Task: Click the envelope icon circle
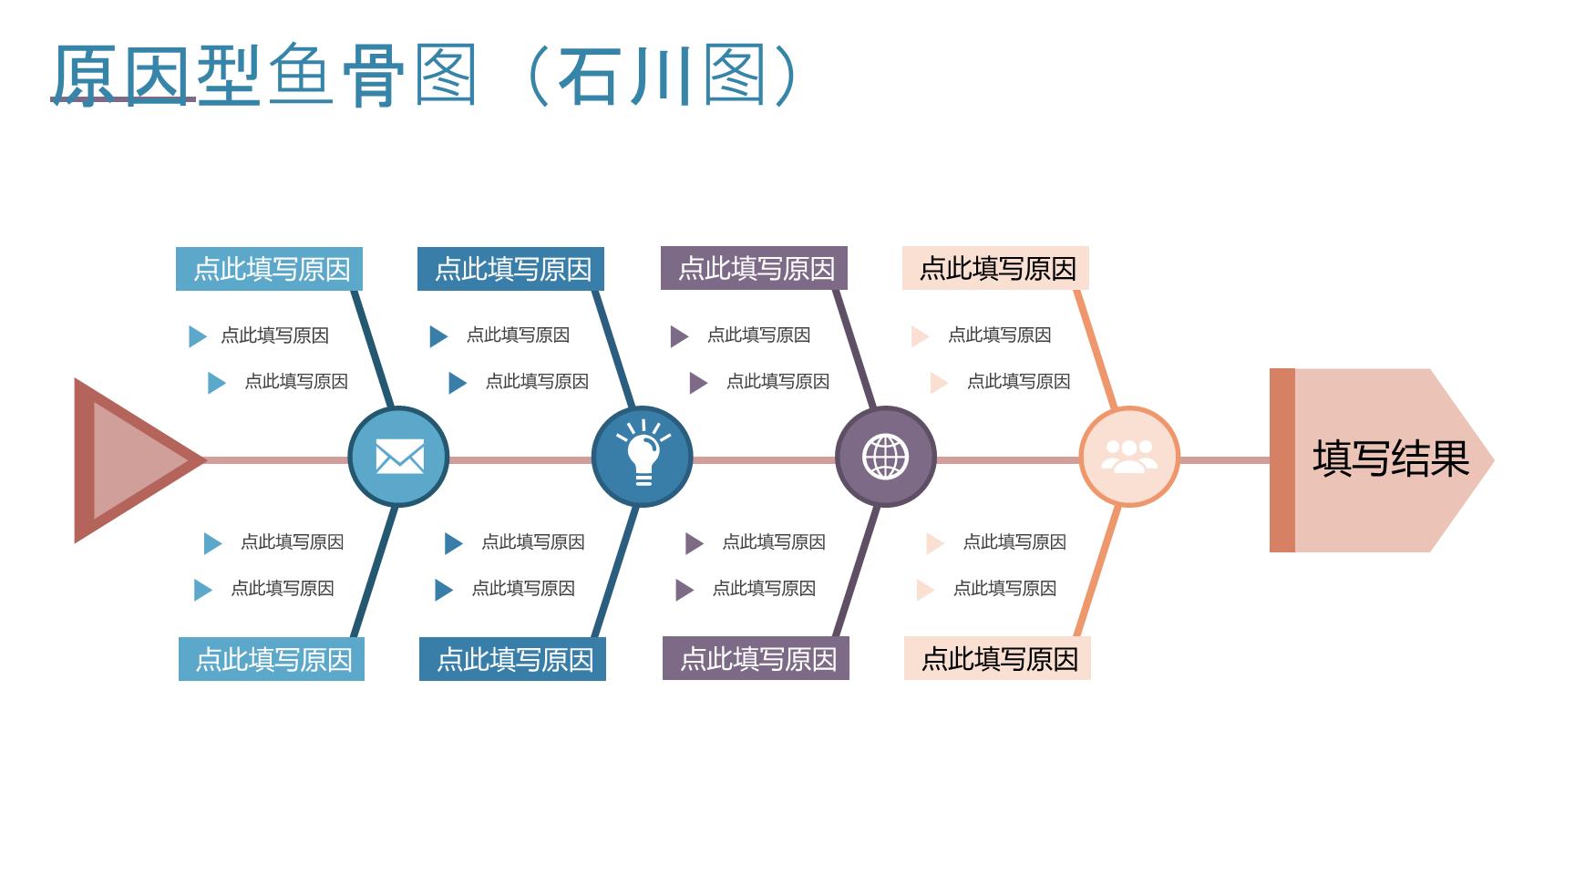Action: tap(398, 457)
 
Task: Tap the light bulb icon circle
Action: tap(643, 457)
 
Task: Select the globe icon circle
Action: tap(886, 457)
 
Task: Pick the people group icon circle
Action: tap(1129, 457)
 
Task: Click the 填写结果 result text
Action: tap(1391, 458)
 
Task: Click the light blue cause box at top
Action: tap(269, 269)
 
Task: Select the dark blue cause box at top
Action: tap(510, 269)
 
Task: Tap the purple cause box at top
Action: tap(754, 268)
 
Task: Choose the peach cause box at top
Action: tap(995, 268)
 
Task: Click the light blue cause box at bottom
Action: tap(272, 659)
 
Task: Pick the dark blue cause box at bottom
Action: tap(512, 659)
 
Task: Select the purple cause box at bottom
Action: tap(756, 658)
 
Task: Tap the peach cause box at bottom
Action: tap(997, 658)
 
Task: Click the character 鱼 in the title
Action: tap(301, 75)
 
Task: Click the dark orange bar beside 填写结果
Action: tap(1282, 460)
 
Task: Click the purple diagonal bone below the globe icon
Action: tap(857, 572)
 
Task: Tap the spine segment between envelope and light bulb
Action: tap(520, 460)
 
